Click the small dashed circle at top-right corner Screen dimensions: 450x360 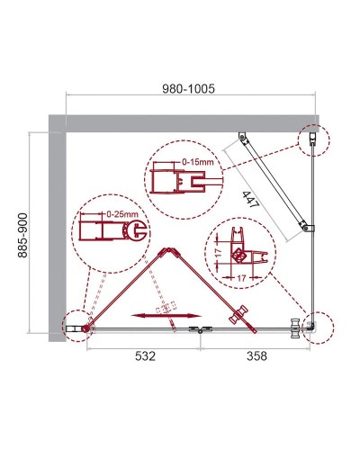pos(312,138)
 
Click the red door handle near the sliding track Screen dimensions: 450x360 pos(238,314)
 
